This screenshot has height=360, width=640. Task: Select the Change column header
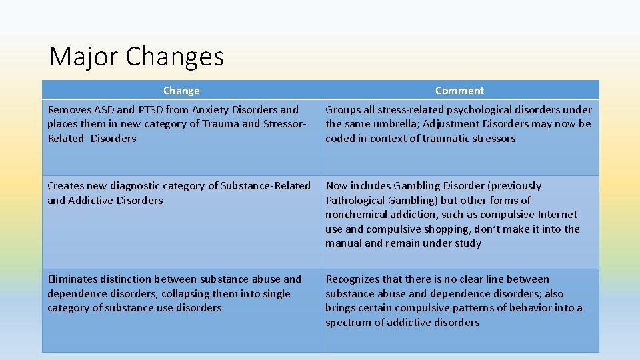click(x=181, y=90)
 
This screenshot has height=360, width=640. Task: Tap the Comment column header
click(x=459, y=90)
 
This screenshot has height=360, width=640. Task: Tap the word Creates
click(x=65, y=185)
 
